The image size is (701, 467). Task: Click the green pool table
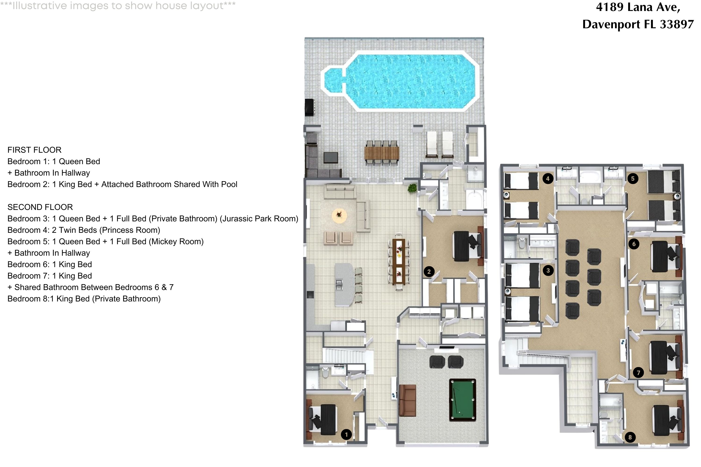coord(462,400)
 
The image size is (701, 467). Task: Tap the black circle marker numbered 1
coord(346,435)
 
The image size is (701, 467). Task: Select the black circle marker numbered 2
coord(429,271)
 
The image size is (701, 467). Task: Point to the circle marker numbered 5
coord(633,179)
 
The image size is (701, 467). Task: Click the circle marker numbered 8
coord(630,437)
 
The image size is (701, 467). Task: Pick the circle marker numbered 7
coord(638,373)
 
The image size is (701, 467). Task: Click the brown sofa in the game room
coord(408,400)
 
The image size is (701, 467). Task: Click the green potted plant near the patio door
coord(412,188)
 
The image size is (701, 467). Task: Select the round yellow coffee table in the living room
coord(339,215)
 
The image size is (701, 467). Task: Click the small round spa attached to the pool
coord(333,80)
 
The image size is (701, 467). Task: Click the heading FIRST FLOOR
coord(34,150)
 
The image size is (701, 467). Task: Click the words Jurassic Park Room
coord(259,219)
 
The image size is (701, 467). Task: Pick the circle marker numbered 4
coord(547,179)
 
